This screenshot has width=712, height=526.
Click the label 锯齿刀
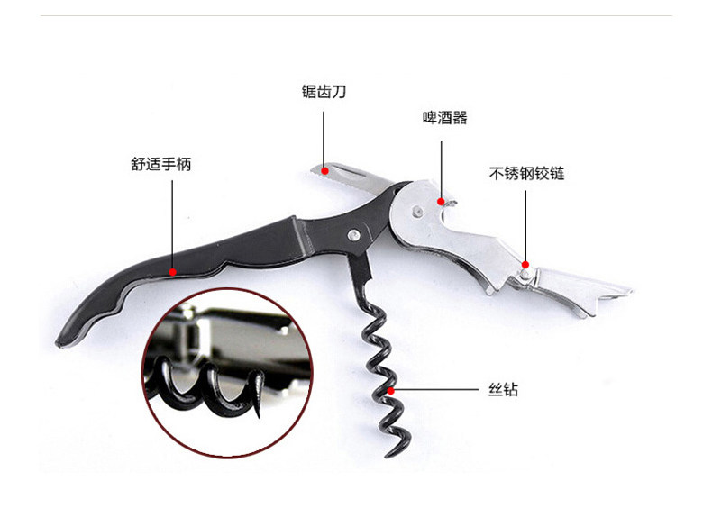click(x=324, y=92)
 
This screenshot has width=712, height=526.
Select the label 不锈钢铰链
click(x=527, y=173)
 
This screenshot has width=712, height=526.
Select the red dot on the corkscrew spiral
click(x=391, y=391)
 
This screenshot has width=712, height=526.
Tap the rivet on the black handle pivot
click(x=355, y=235)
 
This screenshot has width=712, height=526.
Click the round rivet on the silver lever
click(x=416, y=212)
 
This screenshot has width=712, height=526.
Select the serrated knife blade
click(x=351, y=176)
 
